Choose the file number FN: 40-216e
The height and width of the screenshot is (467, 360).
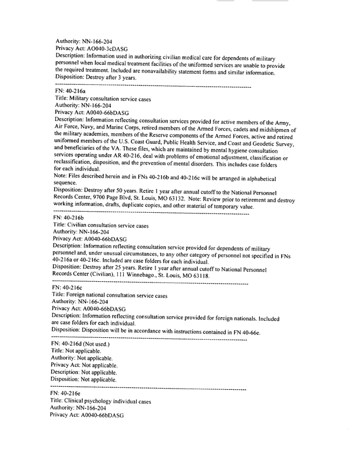click(x=70, y=392)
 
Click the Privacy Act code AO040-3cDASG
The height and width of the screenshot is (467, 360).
click(x=105, y=48)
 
